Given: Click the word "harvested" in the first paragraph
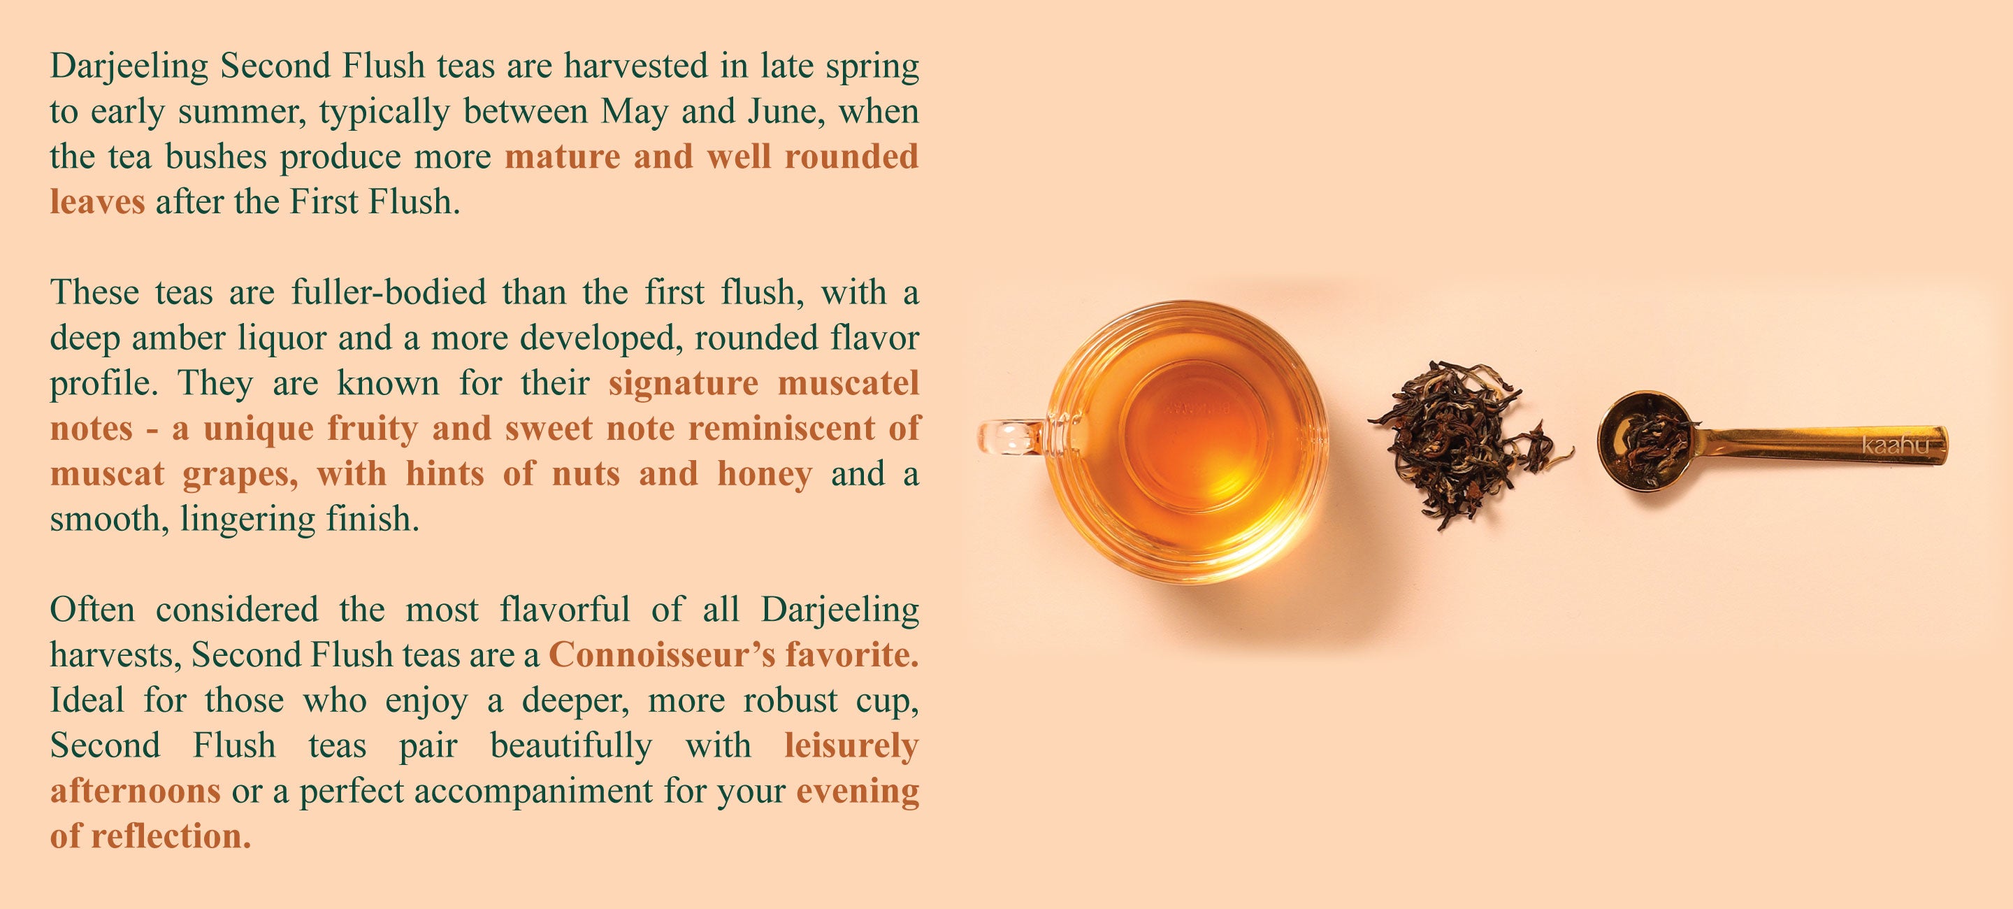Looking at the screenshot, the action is pyautogui.click(x=636, y=66).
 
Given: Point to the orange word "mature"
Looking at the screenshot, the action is pyautogui.click(x=563, y=157).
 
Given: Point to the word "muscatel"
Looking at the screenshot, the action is pyautogui.click(x=848, y=384).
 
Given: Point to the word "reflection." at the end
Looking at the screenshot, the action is pyautogui.click(x=171, y=836).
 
